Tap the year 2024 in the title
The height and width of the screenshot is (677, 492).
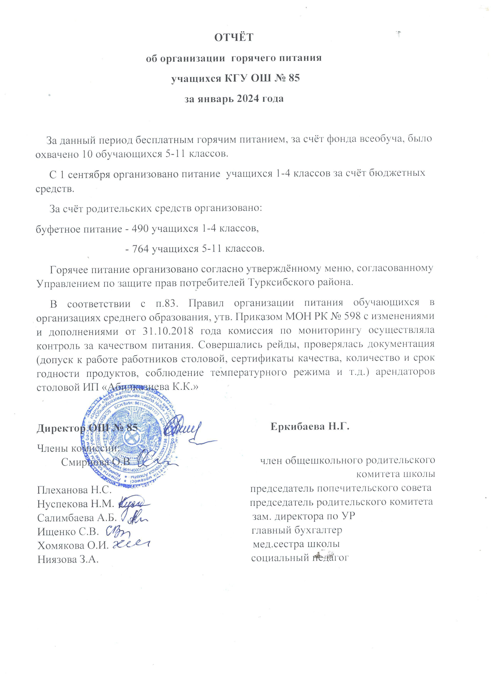point(249,99)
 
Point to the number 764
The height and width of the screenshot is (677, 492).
point(139,248)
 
